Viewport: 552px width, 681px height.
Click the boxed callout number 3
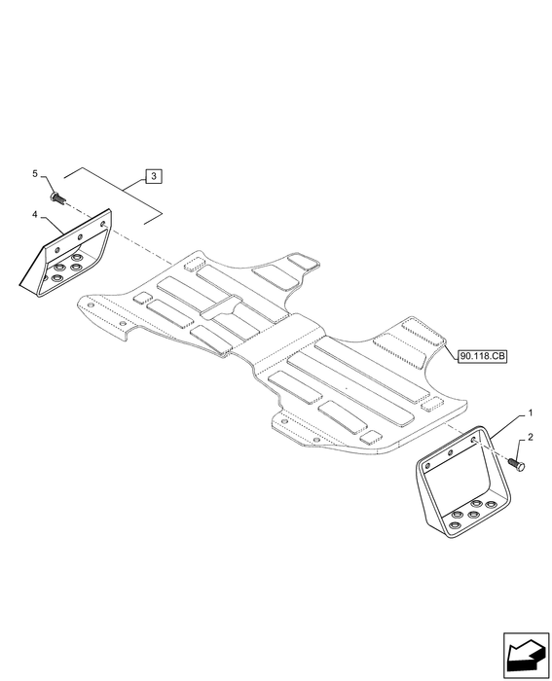[154, 176]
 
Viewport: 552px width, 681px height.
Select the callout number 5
[35, 174]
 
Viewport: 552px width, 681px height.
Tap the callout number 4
[35, 214]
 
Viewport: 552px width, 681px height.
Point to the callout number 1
[530, 413]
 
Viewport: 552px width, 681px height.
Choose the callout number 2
[531, 437]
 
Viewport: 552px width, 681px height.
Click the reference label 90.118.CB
[483, 357]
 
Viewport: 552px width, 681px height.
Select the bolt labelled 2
[517, 465]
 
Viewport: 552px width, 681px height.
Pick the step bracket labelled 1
[462, 483]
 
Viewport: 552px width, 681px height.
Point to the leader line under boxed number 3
[113, 196]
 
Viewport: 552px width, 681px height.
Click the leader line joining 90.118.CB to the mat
[450, 349]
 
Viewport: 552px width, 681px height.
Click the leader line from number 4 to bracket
[53, 226]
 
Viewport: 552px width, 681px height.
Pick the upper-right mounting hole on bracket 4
[103, 224]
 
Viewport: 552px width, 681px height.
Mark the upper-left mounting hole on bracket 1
[427, 466]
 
